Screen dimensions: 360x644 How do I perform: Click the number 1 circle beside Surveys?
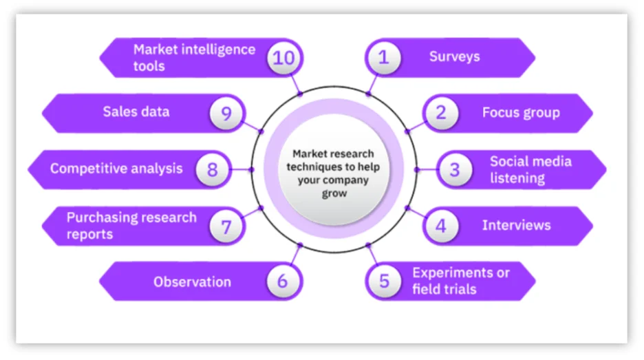pyautogui.click(x=384, y=57)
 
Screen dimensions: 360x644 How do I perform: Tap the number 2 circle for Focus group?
pyautogui.click(x=441, y=113)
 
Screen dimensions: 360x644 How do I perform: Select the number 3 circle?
pyautogui.click(x=455, y=169)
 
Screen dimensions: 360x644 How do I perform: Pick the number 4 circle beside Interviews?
pyautogui.click(x=441, y=225)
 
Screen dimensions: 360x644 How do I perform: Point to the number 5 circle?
pyautogui.click(x=384, y=281)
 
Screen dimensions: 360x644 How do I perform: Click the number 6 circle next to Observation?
pyautogui.click(x=282, y=281)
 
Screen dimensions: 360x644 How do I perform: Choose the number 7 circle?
pyautogui.click(x=226, y=225)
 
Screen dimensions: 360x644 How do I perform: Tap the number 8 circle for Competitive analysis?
pyautogui.click(x=212, y=169)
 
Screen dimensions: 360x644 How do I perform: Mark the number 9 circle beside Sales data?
pyautogui.click(x=226, y=113)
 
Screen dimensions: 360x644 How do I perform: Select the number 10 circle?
pyautogui.click(x=282, y=57)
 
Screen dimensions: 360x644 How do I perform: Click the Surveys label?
pyautogui.click(x=454, y=56)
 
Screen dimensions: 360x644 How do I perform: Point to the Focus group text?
pyautogui.click(x=521, y=113)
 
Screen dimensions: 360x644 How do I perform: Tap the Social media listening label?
pyautogui.click(x=530, y=169)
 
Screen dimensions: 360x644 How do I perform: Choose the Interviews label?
pyautogui.click(x=516, y=225)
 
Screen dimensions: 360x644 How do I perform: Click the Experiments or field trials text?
pyautogui.click(x=461, y=281)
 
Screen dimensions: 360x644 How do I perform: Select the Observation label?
pyautogui.click(x=192, y=282)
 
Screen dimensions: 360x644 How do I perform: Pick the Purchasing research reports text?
pyautogui.click(x=131, y=226)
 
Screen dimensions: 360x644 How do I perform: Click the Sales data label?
pyautogui.click(x=136, y=112)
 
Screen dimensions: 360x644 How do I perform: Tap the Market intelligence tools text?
pyautogui.click(x=194, y=58)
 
